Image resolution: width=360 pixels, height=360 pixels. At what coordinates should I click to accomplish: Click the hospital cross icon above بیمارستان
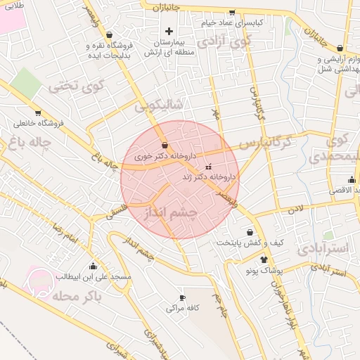pos(169,31)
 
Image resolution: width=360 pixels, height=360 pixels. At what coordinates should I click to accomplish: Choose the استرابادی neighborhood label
pos(322,248)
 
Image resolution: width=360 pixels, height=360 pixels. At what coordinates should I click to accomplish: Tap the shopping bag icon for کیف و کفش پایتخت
pos(250,232)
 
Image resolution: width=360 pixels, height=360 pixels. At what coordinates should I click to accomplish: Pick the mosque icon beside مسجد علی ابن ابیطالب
pos(93,266)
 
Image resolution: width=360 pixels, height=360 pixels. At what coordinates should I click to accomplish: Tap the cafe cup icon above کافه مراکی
pos(183,297)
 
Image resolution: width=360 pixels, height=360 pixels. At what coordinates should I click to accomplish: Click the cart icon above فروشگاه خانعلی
pos(38,112)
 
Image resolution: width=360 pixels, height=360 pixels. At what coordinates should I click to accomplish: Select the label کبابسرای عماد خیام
pos(236,22)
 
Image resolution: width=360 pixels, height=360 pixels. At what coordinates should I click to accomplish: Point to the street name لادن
pos(293,210)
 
